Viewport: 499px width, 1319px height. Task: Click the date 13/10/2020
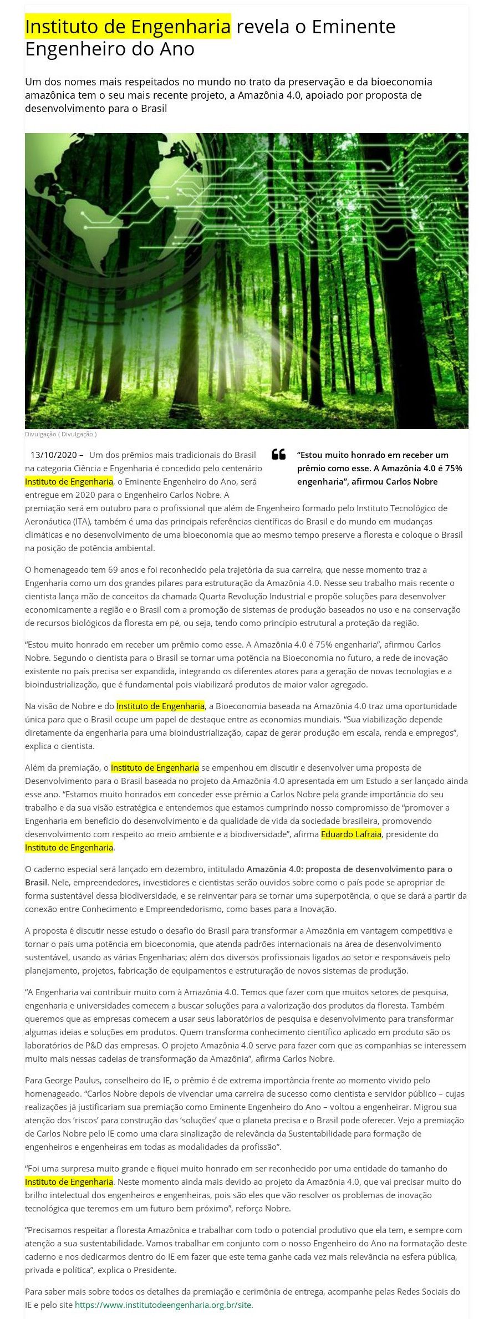[x=53, y=455]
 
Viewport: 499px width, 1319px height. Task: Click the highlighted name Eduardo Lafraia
[x=350, y=834]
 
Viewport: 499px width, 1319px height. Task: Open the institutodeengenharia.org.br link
[x=164, y=1305]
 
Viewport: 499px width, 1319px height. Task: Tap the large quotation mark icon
[x=278, y=455]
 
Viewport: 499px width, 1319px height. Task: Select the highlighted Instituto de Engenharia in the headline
[x=128, y=27]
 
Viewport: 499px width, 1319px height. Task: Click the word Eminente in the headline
[x=353, y=27]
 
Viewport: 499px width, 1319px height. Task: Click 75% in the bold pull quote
[x=452, y=468]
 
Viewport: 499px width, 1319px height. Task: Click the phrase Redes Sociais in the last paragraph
[x=424, y=1292]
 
